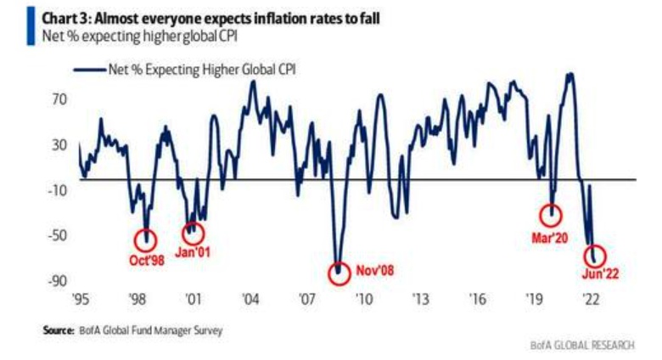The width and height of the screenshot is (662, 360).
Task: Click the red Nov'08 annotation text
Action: point(375,272)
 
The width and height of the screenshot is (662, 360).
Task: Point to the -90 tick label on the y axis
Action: point(56,281)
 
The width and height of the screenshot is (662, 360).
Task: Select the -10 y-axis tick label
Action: point(56,190)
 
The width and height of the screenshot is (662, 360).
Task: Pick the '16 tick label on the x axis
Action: point(478,300)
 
